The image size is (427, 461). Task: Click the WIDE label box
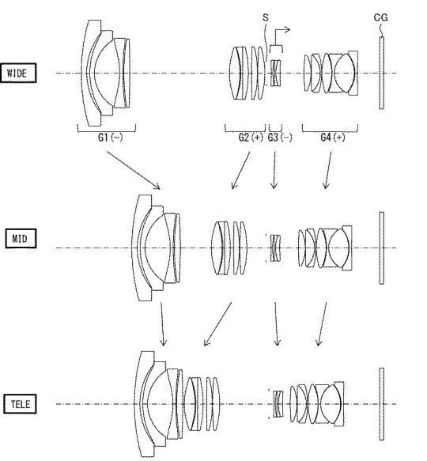click(18, 73)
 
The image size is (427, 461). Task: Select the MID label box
click(21, 238)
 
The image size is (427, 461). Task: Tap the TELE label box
click(20, 404)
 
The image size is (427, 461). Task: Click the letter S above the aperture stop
click(266, 17)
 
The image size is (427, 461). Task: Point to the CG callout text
click(381, 17)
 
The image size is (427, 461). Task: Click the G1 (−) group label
click(110, 138)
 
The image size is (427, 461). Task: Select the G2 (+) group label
click(251, 138)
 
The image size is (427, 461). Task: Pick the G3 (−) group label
click(280, 138)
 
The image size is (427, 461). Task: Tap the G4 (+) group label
click(332, 138)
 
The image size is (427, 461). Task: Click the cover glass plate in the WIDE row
click(381, 73)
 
